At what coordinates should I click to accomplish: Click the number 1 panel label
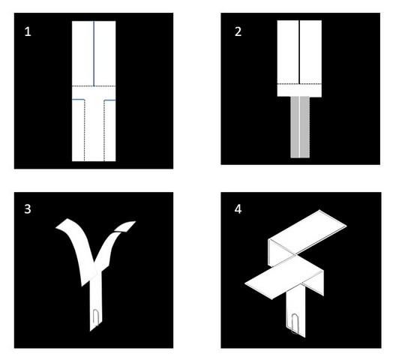coord(28,31)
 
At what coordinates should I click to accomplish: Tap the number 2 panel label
coord(238,31)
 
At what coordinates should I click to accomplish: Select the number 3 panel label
coord(28,208)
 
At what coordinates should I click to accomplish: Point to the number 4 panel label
coord(238,208)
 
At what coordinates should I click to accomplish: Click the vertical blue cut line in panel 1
coord(94,53)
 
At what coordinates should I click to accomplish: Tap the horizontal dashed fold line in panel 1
coord(94,86)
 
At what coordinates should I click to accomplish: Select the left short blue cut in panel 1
coord(78,100)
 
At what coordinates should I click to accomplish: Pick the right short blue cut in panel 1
coord(109,100)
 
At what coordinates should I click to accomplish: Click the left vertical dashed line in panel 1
coord(85,130)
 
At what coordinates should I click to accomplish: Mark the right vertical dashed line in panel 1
coord(104,130)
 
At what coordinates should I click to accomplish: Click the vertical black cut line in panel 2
coord(299,52)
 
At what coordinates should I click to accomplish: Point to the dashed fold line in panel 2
coord(299,84)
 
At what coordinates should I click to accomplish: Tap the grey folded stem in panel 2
coord(300,127)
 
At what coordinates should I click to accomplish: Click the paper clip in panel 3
coord(96,318)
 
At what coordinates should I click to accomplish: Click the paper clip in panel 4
coord(295,323)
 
